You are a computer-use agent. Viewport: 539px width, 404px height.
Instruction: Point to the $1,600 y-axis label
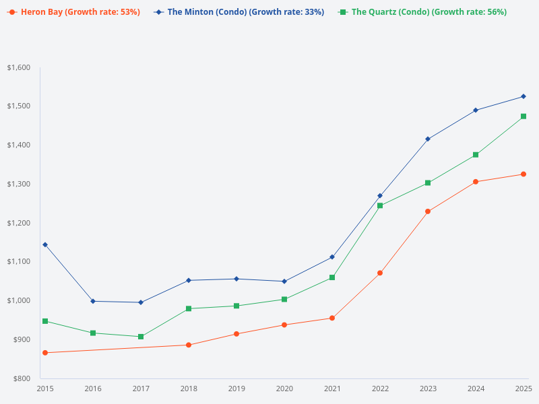pos(19,68)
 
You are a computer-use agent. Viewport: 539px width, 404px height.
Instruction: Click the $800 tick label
pos(21,378)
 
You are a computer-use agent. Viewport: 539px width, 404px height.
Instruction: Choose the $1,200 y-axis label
pos(19,223)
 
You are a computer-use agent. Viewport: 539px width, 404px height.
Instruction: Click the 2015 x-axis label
pos(45,389)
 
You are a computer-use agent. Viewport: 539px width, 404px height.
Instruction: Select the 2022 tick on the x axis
pos(380,389)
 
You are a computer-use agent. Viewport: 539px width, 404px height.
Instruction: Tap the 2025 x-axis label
pos(524,389)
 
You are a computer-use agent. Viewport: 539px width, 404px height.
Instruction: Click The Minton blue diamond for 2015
pos(45,244)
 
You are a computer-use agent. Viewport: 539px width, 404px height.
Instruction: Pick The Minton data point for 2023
pos(428,139)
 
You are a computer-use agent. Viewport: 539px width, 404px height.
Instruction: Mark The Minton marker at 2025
pos(524,96)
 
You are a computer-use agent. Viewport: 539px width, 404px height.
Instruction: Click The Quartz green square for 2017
pos(141,337)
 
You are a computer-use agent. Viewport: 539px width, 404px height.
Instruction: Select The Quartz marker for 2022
pos(380,205)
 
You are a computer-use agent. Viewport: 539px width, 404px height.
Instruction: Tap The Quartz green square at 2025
pos(524,116)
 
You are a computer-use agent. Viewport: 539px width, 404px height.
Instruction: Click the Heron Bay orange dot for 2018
pos(189,345)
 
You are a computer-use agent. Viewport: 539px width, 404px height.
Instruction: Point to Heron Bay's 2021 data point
pos(332,318)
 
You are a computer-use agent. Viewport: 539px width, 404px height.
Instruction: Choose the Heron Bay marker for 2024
pos(476,182)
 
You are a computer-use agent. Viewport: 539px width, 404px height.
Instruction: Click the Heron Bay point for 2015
pos(45,353)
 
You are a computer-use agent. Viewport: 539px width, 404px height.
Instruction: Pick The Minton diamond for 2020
pos(284,281)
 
